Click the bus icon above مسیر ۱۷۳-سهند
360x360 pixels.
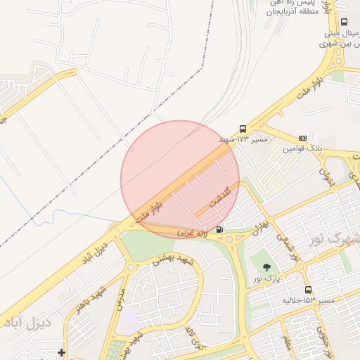pyautogui.click(x=243, y=129)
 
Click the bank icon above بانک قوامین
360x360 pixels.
pyautogui.click(x=302, y=138)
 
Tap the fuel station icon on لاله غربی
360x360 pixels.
pyautogui.click(x=220, y=229)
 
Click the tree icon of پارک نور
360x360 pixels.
pyautogui.click(x=266, y=267)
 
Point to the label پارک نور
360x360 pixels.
pyautogui.click(x=267, y=278)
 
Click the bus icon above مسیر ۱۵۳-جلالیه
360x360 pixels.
pyautogui.click(x=308, y=290)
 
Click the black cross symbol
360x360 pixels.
pyautogui.click(x=62, y=352)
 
